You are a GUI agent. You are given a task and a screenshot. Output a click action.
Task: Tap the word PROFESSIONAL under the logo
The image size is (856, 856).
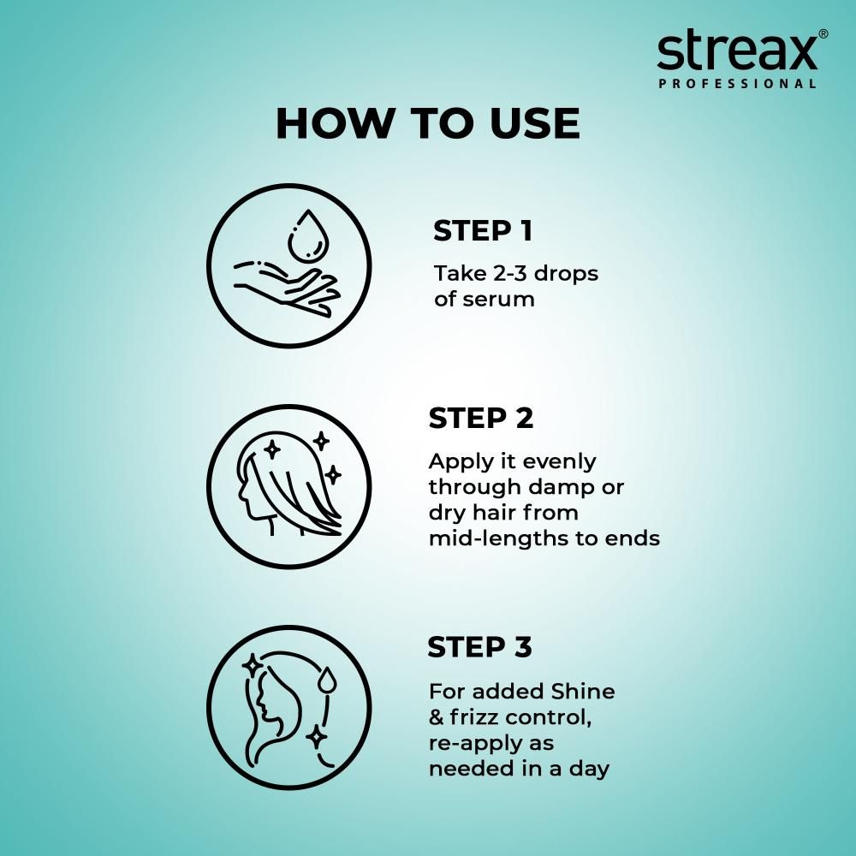[x=736, y=84]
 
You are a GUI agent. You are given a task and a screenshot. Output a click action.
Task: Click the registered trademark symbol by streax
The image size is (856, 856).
[x=823, y=33]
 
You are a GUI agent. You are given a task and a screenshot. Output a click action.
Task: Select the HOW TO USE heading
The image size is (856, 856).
[x=427, y=124]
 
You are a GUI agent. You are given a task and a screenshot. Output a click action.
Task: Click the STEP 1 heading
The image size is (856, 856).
[x=482, y=231]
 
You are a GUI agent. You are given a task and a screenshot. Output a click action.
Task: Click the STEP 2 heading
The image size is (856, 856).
[x=480, y=419]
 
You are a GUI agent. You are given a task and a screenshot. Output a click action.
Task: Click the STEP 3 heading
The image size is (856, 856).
[x=479, y=648]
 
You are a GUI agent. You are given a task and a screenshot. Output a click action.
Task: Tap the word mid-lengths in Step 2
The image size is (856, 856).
[x=497, y=539]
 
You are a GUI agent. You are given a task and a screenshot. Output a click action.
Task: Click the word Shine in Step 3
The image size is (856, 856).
[x=584, y=692]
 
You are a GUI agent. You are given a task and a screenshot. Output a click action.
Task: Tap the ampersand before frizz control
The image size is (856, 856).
[x=437, y=717]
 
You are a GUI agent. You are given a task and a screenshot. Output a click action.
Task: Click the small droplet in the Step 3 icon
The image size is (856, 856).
[x=328, y=681]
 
